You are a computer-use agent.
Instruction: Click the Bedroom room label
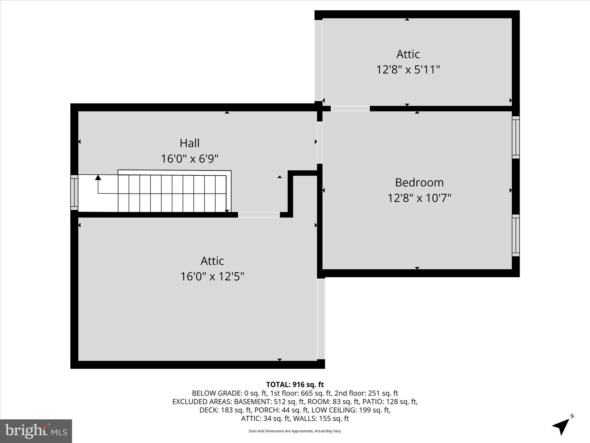pyautogui.click(x=419, y=183)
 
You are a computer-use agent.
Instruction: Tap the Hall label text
pyautogui.click(x=190, y=143)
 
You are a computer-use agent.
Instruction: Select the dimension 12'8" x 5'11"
pyautogui.click(x=408, y=70)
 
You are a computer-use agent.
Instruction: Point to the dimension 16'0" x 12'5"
pyautogui.click(x=212, y=277)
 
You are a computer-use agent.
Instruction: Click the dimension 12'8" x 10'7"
pyautogui.click(x=419, y=198)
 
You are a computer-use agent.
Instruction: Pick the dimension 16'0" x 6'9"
pyautogui.click(x=190, y=159)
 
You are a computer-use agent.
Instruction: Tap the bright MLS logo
pyautogui.click(x=36, y=431)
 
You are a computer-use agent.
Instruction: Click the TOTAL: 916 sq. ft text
pyautogui.click(x=295, y=384)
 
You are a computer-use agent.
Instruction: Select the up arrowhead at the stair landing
pyautogui.click(x=98, y=177)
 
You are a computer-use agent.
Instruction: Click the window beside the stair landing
pyautogui.click(x=74, y=192)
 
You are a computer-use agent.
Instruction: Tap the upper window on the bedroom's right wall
pyautogui.click(x=516, y=137)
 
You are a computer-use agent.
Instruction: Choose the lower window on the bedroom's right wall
pyautogui.click(x=516, y=235)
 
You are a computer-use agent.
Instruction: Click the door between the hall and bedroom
pyautogui.click(x=319, y=142)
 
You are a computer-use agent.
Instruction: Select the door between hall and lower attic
pyautogui.click(x=259, y=215)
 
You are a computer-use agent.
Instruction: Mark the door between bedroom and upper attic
pyautogui.click(x=350, y=109)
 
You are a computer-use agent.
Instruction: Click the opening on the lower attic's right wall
pyautogui.click(x=321, y=319)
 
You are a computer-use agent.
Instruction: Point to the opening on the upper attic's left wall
pyautogui.click(x=318, y=61)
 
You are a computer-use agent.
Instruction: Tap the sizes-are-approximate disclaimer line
pyautogui.click(x=295, y=431)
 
